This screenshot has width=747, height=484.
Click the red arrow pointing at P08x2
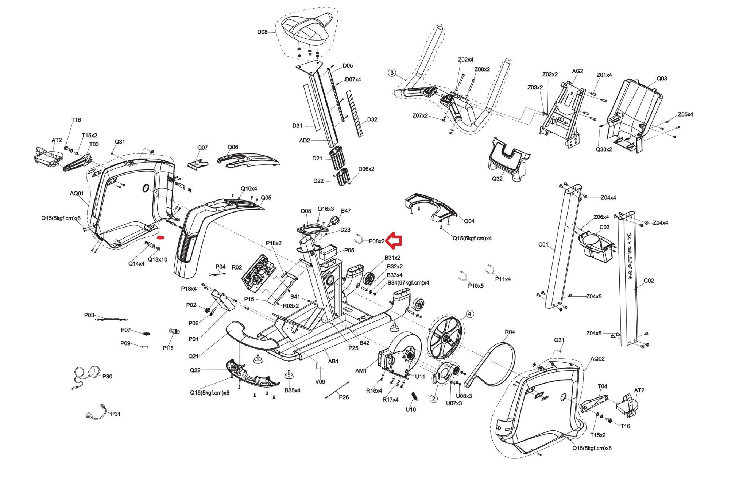pos(394,240)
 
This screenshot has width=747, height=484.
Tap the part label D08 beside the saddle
pos(262,32)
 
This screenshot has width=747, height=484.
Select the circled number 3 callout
pos(392,73)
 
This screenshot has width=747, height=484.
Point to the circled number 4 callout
pos(469,314)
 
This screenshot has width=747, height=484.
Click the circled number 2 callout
pos(433,398)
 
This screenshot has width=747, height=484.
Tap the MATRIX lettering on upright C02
pos(630,255)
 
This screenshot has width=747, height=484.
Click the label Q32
pos(497,179)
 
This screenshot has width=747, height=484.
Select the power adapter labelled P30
pos(94,372)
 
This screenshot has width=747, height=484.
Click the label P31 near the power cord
pos(116,414)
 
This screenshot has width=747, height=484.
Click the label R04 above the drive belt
pos(510,332)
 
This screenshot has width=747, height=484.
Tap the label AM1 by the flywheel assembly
pos(361,371)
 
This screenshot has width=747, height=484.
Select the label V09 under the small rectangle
pos(320,382)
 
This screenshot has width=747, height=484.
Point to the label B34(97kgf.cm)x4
pos(408,283)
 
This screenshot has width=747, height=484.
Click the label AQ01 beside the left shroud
pos(77,193)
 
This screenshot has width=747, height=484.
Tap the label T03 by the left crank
pos(94,144)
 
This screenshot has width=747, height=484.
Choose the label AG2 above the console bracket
pos(577,71)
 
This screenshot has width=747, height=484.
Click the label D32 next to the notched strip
pos(372,119)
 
